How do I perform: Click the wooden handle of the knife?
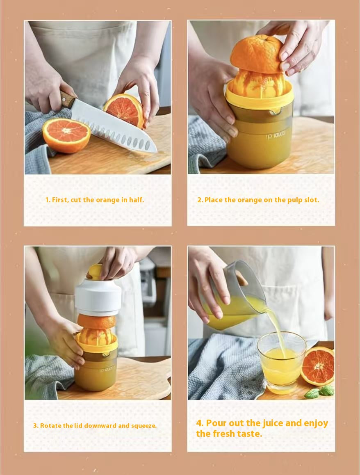pos(68,99)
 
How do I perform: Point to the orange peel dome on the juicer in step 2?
pos(256,53)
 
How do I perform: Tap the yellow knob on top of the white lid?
pos(95,271)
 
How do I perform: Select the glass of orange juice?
pos(281,361)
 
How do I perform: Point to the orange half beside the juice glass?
pos(318,366)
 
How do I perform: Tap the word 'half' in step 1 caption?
pos(136,200)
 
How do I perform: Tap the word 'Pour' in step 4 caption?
pos(216,423)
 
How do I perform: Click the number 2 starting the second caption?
pos(200,200)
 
